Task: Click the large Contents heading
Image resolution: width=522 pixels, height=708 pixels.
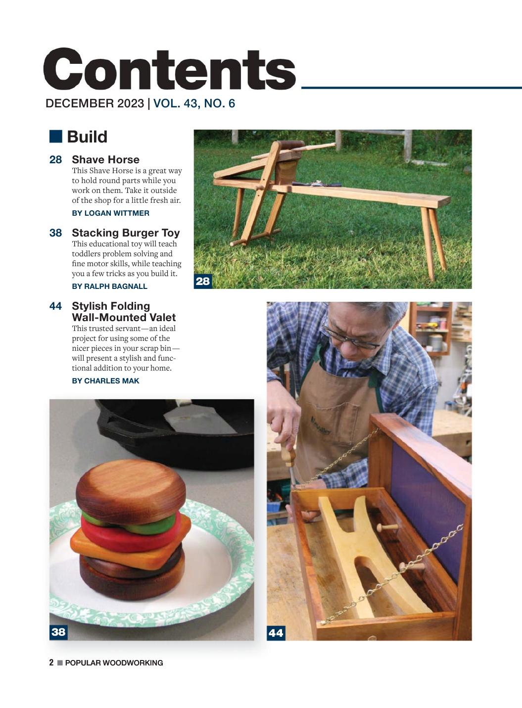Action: (x=170, y=70)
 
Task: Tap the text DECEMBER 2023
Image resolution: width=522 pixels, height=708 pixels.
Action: (x=95, y=103)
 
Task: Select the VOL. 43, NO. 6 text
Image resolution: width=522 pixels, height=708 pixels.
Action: (x=194, y=103)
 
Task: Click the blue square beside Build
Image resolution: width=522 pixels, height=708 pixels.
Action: (x=55, y=136)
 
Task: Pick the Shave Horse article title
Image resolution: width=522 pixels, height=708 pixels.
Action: (x=105, y=159)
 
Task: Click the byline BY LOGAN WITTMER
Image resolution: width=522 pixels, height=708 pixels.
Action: (x=111, y=213)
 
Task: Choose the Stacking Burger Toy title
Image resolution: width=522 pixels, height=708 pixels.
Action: (x=126, y=233)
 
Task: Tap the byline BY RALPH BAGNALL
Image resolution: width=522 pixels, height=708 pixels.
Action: (x=110, y=286)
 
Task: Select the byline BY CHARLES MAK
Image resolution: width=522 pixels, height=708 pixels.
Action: (x=105, y=381)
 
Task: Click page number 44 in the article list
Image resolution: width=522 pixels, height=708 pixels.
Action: (x=55, y=306)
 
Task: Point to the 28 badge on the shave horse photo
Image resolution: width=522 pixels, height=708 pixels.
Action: (x=203, y=281)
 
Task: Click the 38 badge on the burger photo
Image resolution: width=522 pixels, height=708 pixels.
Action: (x=58, y=632)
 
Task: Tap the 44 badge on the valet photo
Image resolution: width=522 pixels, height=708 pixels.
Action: (x=276, y=633)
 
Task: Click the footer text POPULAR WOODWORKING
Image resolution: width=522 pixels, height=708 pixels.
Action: (x=114, y=663)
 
